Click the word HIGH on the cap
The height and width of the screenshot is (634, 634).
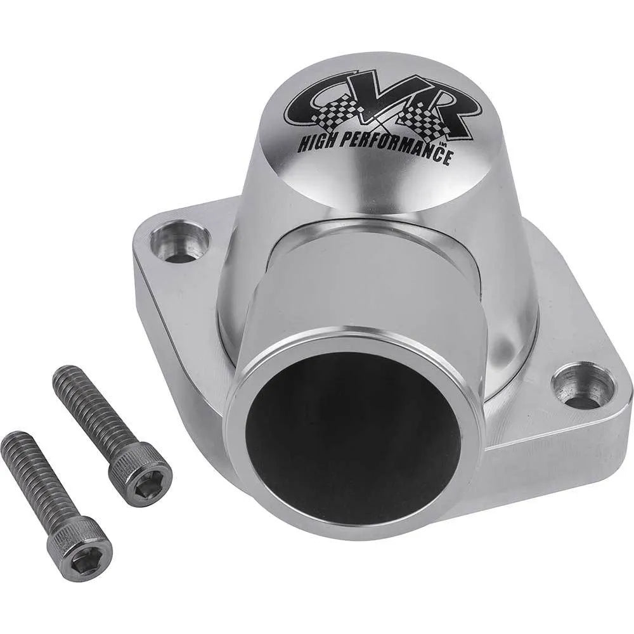point(318,142)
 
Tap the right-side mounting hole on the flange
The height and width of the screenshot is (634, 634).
point(581,385)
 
